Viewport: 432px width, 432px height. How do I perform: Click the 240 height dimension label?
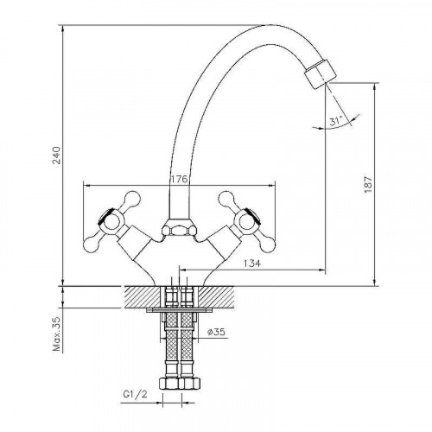(x=57, y=156)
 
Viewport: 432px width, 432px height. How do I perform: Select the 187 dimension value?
(x=368, y=184)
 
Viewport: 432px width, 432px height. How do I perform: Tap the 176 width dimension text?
(x=179, y=179)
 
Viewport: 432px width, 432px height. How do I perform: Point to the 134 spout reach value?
(x=252, y=264)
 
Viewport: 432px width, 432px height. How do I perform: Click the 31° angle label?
(x=336, y=121)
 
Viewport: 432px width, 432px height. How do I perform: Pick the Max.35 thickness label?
(x=57, y=334)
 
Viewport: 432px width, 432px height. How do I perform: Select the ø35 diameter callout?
(x=216, y=332)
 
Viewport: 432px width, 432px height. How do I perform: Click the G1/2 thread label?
(x=135, y=395)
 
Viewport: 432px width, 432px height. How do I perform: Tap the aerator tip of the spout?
(x=321, y=73)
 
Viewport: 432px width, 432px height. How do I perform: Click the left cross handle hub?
(x=110, y=221)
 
